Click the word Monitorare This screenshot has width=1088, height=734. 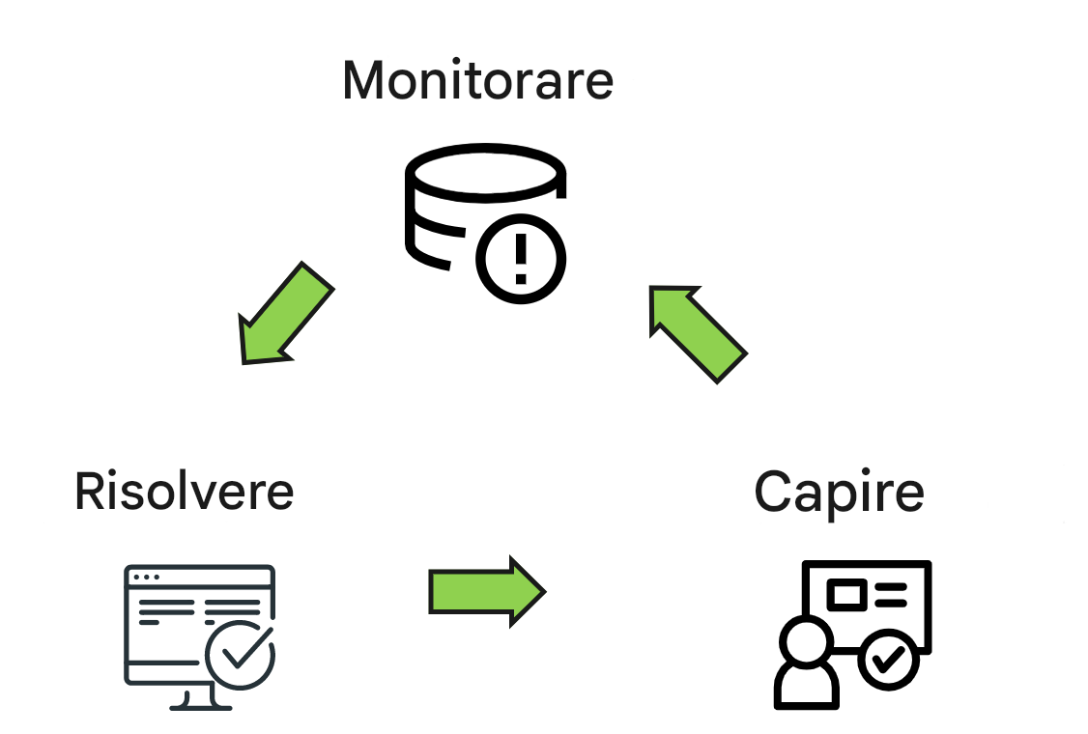click(477, 80)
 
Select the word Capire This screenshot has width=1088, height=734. click(839, 492)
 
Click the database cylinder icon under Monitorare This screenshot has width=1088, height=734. click(464, 208)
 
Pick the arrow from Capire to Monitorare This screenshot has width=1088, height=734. click(699, 333)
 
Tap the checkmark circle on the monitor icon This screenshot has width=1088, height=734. click(241, 655)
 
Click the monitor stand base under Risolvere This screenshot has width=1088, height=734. click(201, 704)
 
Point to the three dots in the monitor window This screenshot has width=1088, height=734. click(147, 577)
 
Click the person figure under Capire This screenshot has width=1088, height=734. click(806, 666)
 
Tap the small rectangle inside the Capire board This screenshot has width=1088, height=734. click(847, 594)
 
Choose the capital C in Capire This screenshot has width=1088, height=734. click(773, 492)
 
